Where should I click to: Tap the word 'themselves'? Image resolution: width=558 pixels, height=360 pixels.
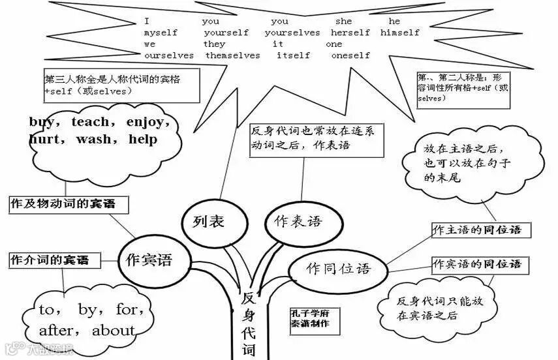click(232, 55)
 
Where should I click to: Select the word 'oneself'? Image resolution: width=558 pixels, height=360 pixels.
click(350, 55)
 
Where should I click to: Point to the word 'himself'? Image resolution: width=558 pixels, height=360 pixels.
click(400, 33)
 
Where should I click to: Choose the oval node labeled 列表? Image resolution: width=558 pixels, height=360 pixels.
click(209, 222)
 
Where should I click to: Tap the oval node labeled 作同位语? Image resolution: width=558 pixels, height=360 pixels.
click(337, 267)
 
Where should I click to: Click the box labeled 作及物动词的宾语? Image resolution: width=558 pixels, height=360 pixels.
click(69, 204)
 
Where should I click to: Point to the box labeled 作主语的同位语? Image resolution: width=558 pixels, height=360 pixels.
click(477, 230)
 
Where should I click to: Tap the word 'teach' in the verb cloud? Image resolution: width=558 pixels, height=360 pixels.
click(94, 122)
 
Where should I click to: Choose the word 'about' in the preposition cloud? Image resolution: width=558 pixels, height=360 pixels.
click(113, 330)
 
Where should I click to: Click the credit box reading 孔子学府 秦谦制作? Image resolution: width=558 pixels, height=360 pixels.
click(310, 319)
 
